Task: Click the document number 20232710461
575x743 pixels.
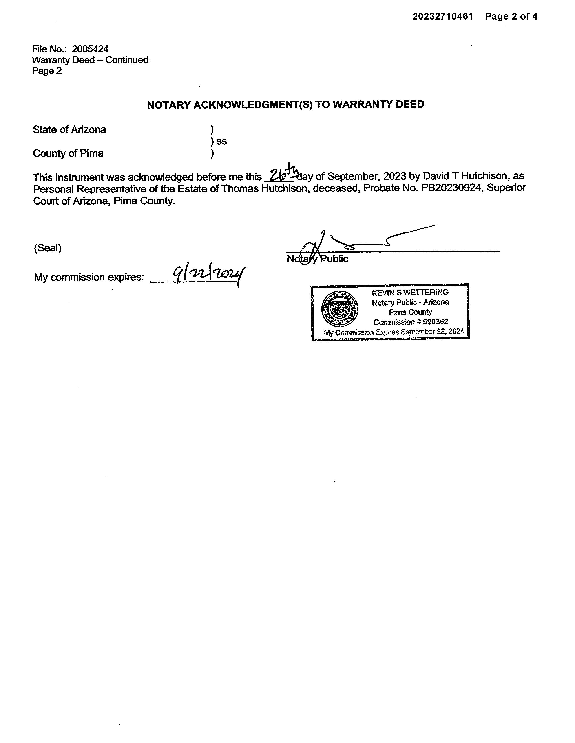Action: (x=442, y=16)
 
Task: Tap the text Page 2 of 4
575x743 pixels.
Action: (x=511, y=16)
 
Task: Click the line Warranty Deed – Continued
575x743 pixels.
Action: (x=90, y=60)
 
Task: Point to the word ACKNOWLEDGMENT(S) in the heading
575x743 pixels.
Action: (x=253, y=105)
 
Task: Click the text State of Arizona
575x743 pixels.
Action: (x=69, y=130)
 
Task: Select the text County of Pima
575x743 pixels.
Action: (x=68, y=153)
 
